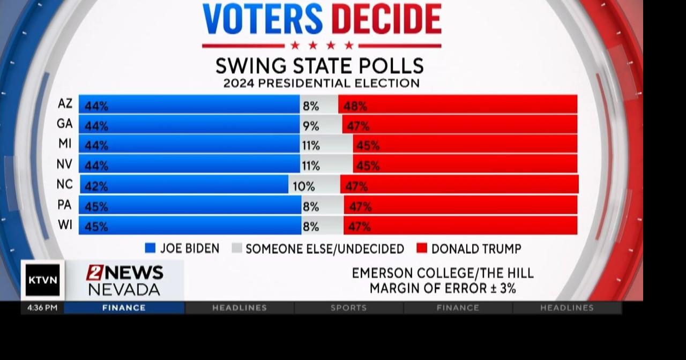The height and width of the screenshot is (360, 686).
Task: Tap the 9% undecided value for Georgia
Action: [311, 126]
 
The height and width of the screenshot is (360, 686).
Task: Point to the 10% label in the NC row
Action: [304, 186]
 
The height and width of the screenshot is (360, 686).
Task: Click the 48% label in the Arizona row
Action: [355, 106]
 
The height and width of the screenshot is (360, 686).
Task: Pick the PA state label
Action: [64, 205]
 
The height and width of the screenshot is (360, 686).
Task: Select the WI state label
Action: [65, 225]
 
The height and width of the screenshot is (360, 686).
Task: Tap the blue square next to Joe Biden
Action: [150, 249]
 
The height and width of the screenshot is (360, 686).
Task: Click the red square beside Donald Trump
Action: [422, 249]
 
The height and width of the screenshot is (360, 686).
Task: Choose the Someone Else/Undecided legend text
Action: [325, 249]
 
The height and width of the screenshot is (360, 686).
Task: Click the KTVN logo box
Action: [43, 280]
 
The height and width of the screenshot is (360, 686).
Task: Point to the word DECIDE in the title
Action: [386, 19]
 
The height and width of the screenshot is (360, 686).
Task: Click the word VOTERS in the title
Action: [263, 19]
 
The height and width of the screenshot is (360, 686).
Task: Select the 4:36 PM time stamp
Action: [42, 307]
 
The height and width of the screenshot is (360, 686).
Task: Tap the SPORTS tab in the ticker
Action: [349, 307]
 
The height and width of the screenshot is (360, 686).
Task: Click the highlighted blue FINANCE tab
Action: [124, 307]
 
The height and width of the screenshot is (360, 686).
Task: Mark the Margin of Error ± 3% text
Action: [443, 288]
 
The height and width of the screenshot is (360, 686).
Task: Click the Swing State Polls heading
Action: [319, 66]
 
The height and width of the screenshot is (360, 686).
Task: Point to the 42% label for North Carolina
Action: [96, 186]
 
